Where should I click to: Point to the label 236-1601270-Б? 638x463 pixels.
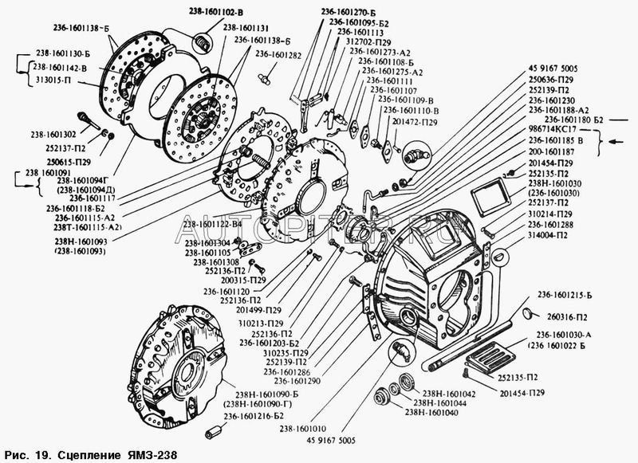tap(331, 13)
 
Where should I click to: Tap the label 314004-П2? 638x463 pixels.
tap(551, 235)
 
